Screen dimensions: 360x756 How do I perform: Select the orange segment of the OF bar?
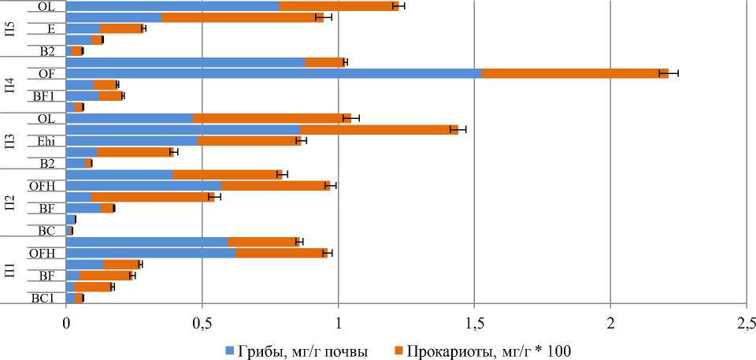pos(574,73)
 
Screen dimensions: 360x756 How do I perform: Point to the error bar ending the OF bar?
pos(669,73)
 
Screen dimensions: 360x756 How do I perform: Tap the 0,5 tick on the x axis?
pos(202,323)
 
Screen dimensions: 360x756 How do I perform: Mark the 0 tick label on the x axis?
pos(66,323)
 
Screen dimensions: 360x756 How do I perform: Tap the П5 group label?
pos(9,28)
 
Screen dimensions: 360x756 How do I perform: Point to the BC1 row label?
pos(43,299)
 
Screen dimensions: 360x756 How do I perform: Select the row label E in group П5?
pos(50,28)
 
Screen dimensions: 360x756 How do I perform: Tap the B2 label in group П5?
pos(47,51)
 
